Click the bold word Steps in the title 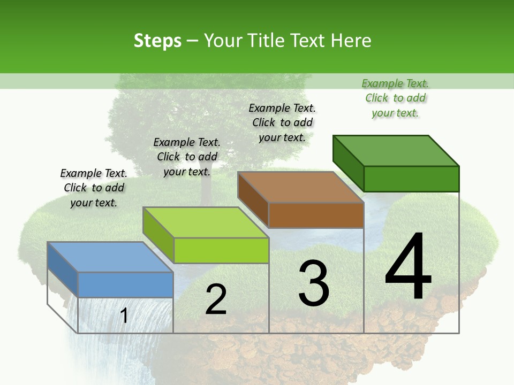point(157,41)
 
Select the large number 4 point(408,267)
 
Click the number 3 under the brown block point(314,283)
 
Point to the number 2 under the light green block point(216,300)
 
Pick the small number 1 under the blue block point(124,315)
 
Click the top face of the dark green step point(396,150)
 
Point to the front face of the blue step point(125,284)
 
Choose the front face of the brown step point(316,215)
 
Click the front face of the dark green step point(411,179)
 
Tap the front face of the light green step point(221,250)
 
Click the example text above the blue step point(94,188)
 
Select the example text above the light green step point(187,157)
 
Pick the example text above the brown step point(282,122)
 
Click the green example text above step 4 point(395,98)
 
